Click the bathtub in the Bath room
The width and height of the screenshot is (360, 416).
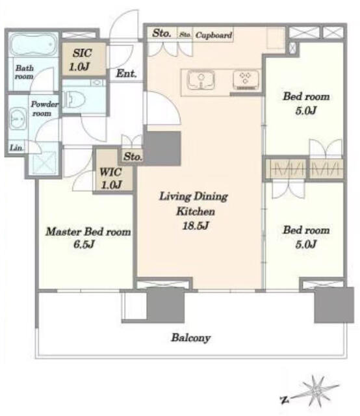click(33, 44)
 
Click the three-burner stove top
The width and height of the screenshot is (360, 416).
click(246, 79)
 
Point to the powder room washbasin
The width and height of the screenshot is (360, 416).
click(18, 119)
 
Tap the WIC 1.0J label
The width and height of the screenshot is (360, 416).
click(111, 178)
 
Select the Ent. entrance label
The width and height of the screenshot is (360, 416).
click(126, 73)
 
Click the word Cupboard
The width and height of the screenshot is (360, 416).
click(214, 35)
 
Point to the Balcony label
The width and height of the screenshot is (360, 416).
click(191, 338)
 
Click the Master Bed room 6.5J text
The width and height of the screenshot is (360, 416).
click(88, 238)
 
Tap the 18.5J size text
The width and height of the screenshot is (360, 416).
click(196, 226)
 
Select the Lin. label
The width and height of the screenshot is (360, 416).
click(16, 148)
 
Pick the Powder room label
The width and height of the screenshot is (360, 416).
click(44, 109)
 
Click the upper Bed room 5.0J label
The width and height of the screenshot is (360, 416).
click(306, 103)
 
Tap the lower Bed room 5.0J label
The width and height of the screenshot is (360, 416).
click(306, 237)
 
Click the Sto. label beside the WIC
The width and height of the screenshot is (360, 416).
click(133, 157)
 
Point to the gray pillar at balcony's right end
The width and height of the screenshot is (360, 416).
click(334, 305)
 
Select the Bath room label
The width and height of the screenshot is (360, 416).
click(24, 72)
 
